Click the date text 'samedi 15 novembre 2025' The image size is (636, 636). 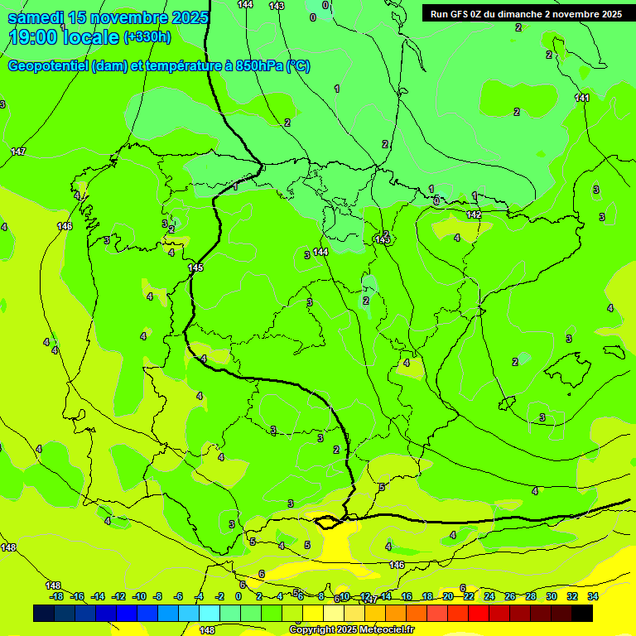[108, 17]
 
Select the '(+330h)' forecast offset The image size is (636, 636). [147, 37]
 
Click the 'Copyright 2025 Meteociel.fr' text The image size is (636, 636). [351, 630]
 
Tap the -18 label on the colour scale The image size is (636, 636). [56, 596]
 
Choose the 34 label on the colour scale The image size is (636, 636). [593, 596]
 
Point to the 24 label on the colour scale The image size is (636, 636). [489, 596]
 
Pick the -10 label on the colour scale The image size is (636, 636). [139, 596]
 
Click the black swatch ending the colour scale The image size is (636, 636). [582, 613]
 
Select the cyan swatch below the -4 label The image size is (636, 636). [210, 613]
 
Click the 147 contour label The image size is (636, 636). [18, 152]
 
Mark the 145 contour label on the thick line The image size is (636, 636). [195, 267]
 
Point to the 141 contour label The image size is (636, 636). [582, 99]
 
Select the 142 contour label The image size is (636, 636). [474, 214]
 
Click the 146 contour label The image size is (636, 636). [397, 565]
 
